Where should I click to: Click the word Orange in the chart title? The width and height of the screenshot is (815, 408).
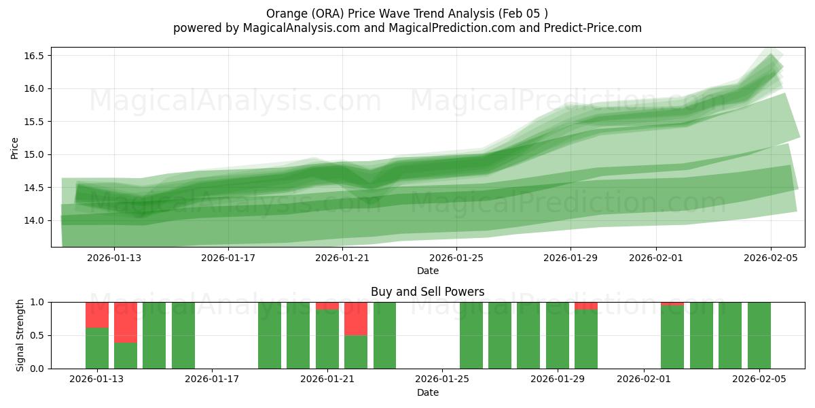coord(284,13)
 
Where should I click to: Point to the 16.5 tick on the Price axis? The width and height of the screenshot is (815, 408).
coord(34,56)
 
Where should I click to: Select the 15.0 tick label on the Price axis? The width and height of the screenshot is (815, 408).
coord(34,154)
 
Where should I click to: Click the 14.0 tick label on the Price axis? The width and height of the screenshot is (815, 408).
coord(34,220)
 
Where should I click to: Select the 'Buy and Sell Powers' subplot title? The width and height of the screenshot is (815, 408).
coord(428,292)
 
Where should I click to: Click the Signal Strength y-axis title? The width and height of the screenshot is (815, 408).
coord(20,335)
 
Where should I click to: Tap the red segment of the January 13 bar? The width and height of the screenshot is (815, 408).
coord(97,315)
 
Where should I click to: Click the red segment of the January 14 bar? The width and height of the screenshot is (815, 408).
coord(126,322)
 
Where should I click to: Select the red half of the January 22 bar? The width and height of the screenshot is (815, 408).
coord(356,318)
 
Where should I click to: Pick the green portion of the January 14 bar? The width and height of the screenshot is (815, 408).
coord(126,356)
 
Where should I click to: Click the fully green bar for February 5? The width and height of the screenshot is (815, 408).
coord(759,335)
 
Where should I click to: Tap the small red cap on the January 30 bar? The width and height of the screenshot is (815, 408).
coord(586,306)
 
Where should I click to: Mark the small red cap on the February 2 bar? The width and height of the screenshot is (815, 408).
coord(672,303)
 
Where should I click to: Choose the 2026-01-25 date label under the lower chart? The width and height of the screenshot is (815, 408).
coord(442,379)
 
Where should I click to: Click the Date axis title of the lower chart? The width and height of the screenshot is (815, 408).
coord(428,392)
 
